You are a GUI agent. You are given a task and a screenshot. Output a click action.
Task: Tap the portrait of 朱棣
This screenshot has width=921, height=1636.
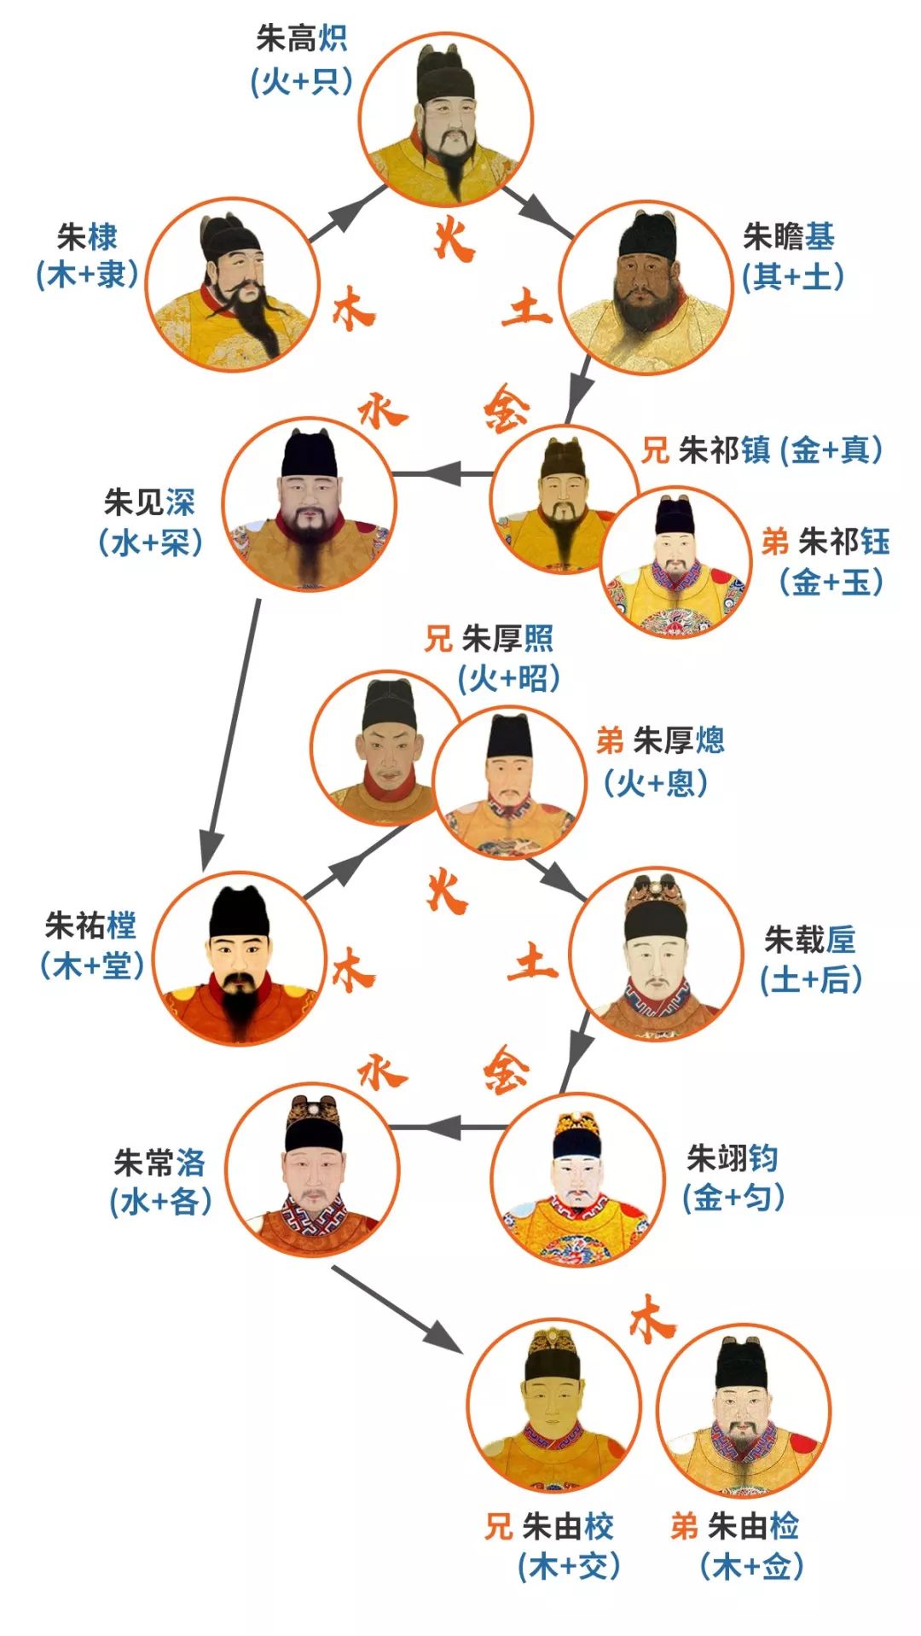click(232, 283)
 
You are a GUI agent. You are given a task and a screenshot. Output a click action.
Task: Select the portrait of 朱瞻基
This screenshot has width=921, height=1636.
click(646, 287)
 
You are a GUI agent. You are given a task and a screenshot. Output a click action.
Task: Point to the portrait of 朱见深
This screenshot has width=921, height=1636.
click(309, 503)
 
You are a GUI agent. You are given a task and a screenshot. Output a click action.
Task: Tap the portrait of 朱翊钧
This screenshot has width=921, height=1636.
click(578, 1181)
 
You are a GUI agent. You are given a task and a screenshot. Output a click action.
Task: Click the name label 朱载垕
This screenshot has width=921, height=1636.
click(809, 940)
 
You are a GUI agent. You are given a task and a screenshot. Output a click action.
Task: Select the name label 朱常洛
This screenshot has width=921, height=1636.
click(159, 1162)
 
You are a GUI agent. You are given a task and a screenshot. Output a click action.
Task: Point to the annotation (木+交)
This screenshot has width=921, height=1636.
click(569, 1566)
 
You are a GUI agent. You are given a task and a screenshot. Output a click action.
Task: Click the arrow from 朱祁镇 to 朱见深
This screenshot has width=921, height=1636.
click(443, 473)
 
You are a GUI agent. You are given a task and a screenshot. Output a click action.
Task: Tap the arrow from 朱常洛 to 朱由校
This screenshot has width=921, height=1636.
click(397, 1308)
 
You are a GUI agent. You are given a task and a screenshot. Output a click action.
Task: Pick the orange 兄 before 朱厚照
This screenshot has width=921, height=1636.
click(438, 638)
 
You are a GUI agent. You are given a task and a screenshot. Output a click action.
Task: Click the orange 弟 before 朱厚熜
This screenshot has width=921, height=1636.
click(610, 740)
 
